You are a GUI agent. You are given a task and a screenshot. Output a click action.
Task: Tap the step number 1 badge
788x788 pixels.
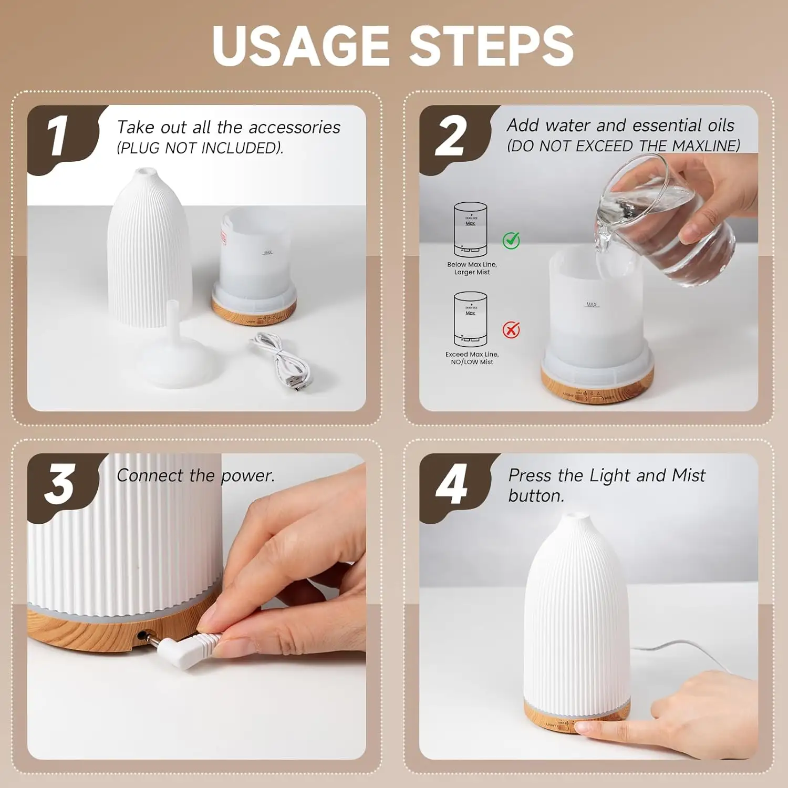(x=59, y=137)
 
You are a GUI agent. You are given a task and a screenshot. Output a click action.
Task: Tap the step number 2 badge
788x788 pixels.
(x=451, y=137)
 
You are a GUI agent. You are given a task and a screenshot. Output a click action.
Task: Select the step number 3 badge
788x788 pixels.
(x=59, y=484)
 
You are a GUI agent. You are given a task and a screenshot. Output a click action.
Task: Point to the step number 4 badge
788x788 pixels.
(x=451, y=484)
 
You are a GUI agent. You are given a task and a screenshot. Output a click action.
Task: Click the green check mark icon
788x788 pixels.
(x=511, y=240)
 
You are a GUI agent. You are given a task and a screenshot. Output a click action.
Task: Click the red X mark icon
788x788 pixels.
(x=511, y=330)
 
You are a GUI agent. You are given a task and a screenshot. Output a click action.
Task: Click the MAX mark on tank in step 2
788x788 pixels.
(x=592, y=304)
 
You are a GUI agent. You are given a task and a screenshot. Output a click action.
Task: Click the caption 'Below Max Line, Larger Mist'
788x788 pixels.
(x=472, y=268)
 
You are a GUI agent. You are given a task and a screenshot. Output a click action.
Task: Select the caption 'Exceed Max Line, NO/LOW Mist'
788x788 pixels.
(x=472, y=358)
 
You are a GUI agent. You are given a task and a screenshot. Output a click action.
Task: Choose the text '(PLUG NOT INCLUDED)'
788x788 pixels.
(x=200, y=149)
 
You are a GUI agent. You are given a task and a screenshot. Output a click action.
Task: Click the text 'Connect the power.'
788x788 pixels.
(x=195, y=476)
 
